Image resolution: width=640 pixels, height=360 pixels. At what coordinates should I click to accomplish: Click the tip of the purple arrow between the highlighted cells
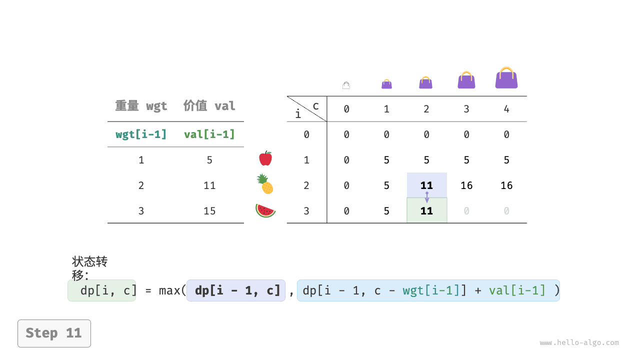pos(427,202)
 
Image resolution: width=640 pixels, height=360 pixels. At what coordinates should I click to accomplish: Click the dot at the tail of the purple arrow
pos(427,193)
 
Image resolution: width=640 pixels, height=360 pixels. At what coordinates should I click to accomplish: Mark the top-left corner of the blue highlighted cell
pos(407,172)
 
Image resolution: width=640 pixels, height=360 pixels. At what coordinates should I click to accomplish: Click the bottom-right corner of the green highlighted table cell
pos(447,222)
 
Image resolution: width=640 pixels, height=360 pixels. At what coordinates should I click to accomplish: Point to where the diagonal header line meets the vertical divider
pos(327,121)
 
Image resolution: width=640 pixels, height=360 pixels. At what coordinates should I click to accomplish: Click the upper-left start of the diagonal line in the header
pos(287,96)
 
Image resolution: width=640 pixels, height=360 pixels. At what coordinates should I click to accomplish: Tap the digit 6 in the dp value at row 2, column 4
pos(509,185)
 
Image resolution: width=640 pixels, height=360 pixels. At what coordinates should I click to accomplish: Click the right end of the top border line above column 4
pos(526,96)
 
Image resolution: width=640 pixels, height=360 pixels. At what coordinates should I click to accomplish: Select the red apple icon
pos(265,158)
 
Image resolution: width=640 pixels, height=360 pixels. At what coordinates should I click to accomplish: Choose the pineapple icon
pos(265,184)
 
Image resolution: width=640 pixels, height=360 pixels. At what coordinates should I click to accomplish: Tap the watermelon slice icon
pos(265,211)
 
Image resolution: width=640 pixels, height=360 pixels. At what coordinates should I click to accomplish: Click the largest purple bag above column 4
pos(506,77)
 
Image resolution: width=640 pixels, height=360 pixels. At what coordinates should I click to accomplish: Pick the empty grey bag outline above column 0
pos(346,85)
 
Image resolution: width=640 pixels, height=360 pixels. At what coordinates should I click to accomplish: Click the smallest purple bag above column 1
pos(386,84)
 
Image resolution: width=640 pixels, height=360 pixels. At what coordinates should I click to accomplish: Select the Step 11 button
pos(54,333)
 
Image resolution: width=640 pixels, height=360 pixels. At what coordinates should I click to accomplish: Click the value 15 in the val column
pos(209,211)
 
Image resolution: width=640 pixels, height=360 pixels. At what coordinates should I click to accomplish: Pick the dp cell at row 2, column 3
pos(466,185)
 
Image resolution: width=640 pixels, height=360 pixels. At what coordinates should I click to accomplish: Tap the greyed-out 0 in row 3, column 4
pos(506,211)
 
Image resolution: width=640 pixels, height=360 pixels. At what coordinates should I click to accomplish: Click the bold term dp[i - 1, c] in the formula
pos(237,290)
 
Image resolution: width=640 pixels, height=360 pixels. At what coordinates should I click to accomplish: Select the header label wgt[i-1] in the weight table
pos(141,134)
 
